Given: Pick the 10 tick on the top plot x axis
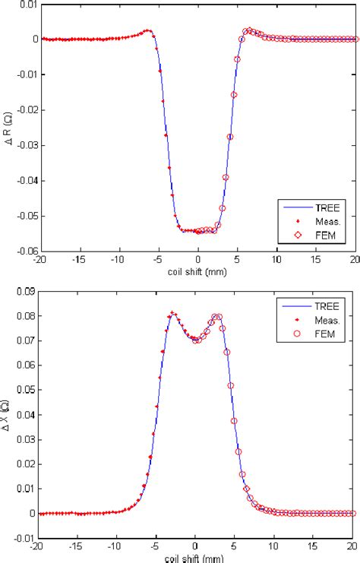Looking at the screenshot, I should point(276,259).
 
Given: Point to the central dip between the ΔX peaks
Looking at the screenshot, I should point(196,340).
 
